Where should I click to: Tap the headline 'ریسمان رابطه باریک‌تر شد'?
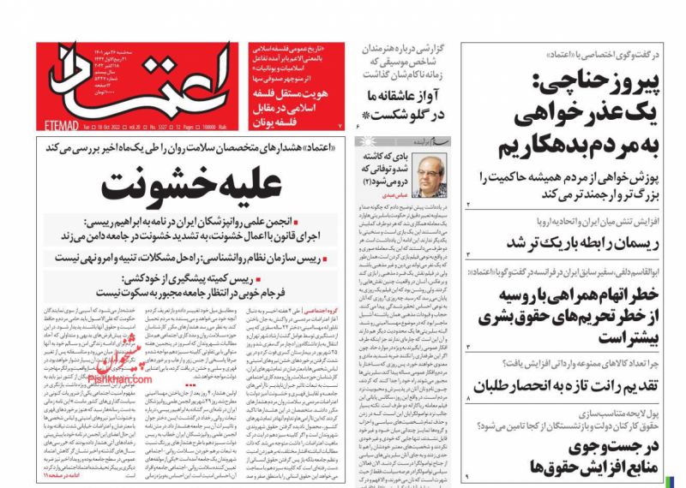(x=569, y=243)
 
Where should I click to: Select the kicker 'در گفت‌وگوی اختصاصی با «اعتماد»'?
(x=595, y=55)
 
